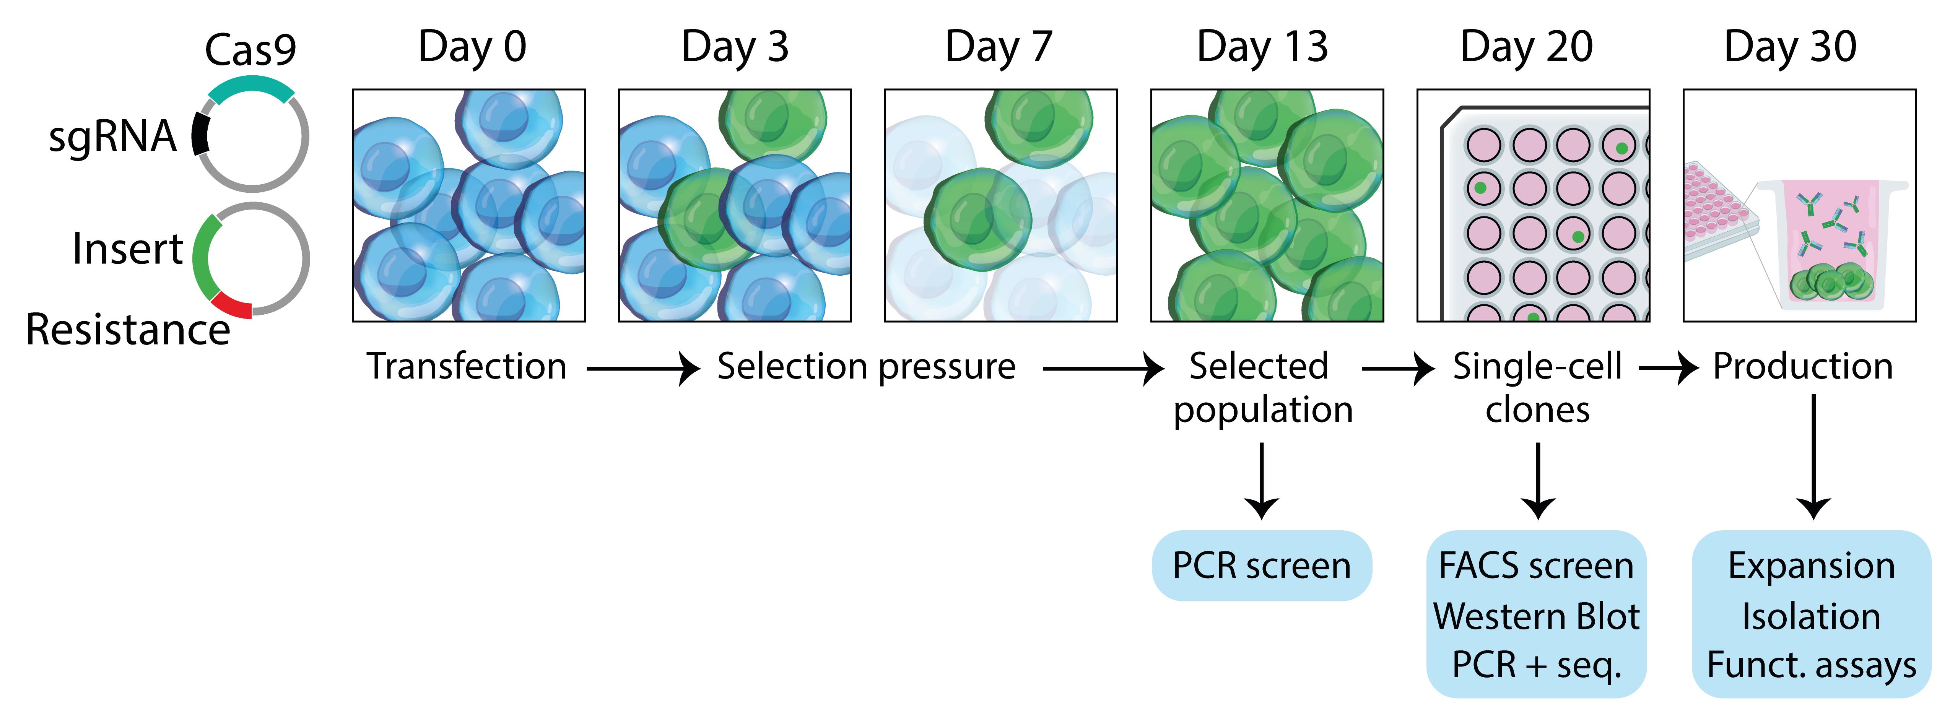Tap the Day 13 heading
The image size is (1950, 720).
coord(1262,47)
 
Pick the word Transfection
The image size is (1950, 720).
coord(467,366)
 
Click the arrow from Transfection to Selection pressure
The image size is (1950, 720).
coord(644,369)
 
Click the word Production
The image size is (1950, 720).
coord(1802,366)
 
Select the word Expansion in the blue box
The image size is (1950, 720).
coord(1812,566)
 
